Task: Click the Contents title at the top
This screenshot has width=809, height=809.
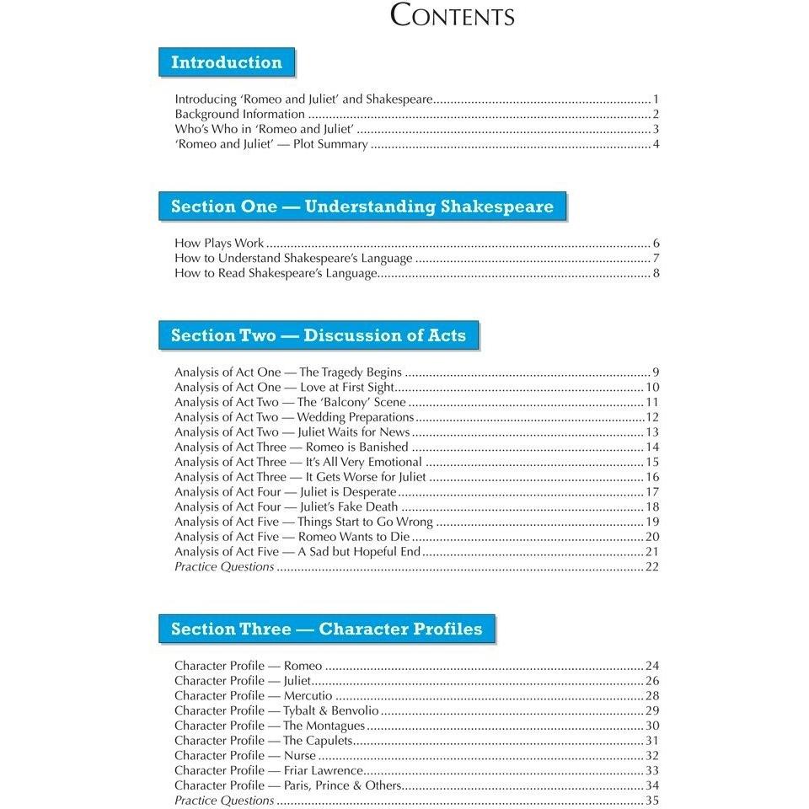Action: (x=452, y=16)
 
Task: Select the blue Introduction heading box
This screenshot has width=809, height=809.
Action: (x=227, y=62)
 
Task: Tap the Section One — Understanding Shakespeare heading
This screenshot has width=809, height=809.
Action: (x=362, y=206)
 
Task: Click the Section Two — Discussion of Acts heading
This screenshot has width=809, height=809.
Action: (x=319, y=335)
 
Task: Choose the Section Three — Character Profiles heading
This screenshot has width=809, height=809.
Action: (x=327, y=629)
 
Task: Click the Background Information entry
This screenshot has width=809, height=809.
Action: (x=239, y=114)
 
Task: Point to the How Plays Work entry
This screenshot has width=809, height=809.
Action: (x=219, y=244)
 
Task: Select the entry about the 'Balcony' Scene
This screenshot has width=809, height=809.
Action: (x=290, y=402)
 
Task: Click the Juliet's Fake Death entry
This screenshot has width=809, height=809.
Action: (x=287, y=506)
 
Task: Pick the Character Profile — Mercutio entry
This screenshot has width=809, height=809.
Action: (x=253, y=696)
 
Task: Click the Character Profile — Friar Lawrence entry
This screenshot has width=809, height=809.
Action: (x=270, y=770)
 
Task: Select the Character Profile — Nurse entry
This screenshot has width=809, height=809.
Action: (x=245, y=756)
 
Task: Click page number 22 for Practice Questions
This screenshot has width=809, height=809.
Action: (x=651, y=567)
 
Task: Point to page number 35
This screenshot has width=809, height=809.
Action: (x=651, y=801)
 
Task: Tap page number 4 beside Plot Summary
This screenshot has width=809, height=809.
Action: (x=655, y=144)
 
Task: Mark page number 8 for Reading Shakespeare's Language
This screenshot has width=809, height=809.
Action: (x=655, y=274)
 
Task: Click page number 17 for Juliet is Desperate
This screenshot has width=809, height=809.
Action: (x=651, y=492)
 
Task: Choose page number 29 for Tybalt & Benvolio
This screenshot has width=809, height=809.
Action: (x=651, y=711)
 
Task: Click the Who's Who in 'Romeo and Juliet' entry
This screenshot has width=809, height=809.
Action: (x=264, y=129)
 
